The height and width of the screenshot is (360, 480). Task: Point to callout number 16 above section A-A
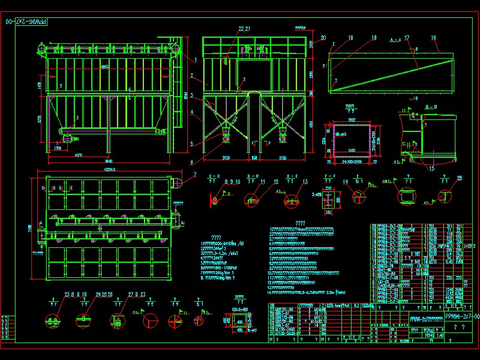[x=433, y=38]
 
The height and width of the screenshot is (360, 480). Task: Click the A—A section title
[x=395, y=38]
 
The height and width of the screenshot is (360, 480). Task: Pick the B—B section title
[x=430, y=106]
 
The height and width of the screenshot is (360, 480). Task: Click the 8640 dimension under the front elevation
[x=109, y=161]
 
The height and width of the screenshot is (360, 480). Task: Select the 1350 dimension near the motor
[x=58, y=147]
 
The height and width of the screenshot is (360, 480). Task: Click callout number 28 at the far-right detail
[x=460, y=178]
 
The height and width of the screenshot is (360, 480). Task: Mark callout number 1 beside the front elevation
[x=196, y=59]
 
